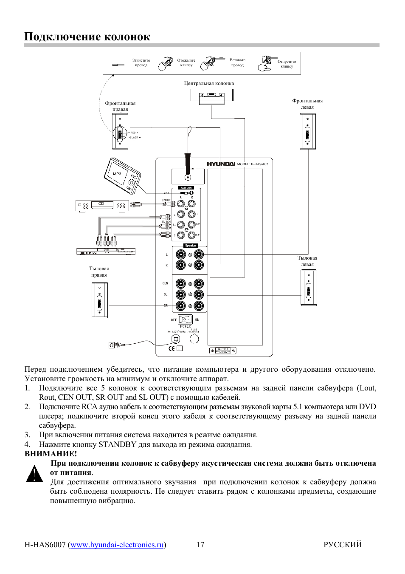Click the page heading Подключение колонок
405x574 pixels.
coord(87,37)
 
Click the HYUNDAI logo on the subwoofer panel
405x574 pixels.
coord(221,164)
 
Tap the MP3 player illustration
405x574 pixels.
coord(122,175)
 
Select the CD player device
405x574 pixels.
coord(102,206)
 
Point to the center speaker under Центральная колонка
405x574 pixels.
coord(211,96)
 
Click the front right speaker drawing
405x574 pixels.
coord(120,131)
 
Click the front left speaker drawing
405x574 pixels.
coord(307,131)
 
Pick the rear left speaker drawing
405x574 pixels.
coord(309,288)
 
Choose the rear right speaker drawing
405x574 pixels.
coord(100,300)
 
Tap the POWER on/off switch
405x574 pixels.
coord(186,319)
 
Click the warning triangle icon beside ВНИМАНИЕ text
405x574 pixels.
coord(34,474)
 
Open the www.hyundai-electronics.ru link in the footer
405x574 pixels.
coord(117,545)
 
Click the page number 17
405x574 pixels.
coord(200,545)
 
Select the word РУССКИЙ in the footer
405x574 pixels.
coord(342,545)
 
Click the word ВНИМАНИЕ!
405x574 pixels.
coord(51,454)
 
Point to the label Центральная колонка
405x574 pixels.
coord(209,83)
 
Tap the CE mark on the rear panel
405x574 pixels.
coord(172,348)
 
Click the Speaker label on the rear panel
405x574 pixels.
coord(191,246)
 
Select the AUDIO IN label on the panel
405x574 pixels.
coord(186,187)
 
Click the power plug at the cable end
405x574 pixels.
coord(115,345)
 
